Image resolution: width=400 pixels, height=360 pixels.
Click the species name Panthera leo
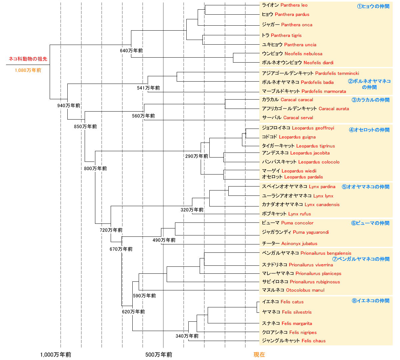pyautogui.click(x=294, y=5)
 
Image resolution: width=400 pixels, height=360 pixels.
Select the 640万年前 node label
pyautogui.click(x=131, y=51)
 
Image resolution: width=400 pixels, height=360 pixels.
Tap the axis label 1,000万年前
pyautogui.click(x=56, y=355)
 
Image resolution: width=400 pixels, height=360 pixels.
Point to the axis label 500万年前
pyautogui.click(x=159, y=355)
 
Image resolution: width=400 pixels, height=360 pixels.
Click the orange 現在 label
pyautogui.click(x=259, y=355)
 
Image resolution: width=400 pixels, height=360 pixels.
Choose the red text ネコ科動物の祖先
pyautogui.click(x=28, y=59)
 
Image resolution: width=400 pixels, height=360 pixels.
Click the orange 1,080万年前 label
pyautogui.click(x=28, y=70)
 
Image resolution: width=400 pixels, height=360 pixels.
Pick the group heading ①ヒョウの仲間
pyautogui.click(x=373, y=6)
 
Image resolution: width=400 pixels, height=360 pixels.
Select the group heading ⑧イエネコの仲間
pyautogui.click(x=370, y=301)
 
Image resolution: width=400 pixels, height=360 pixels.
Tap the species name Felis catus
pyautogui.click(x=292, y=302)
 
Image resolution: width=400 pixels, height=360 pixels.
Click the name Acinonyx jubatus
pyautogui.click(x=299, y=244)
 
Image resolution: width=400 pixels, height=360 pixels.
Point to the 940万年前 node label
pyautogui.click(x=69, y=106)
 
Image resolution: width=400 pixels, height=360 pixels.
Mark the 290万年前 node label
pyautogui.click(x=197, y=156)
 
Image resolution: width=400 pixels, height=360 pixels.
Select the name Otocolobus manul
pyautogui.click(x=305, y=290)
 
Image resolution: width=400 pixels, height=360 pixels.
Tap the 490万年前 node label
pyautogui.click(x=164, y=240)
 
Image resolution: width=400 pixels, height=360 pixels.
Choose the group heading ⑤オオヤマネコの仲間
pyautogui.click(x=365, y=187)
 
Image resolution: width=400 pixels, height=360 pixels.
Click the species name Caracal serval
pyautogui.click(x=298, y=118)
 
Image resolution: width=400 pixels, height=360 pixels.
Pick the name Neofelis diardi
pyautogui.click(x=318, y=63)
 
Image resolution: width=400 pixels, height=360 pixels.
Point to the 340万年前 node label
pyautogui.click(x=187, y=336)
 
